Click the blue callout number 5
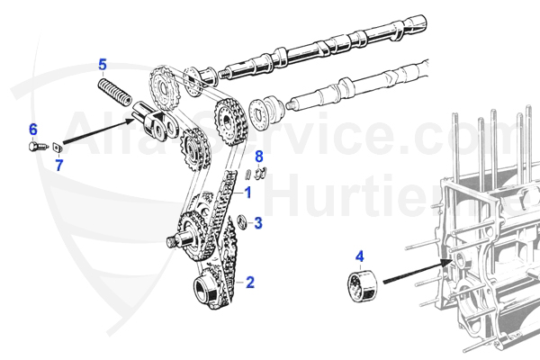[x=103, y=65]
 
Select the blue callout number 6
[x=33, y=129]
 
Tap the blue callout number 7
[x=59, y=165]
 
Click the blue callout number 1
[x=248, y=192]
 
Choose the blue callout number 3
[x=257, y=222]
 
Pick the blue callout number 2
[x=250, y=282]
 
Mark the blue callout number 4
[x=360, y=256]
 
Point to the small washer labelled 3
[x=240, y=221]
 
